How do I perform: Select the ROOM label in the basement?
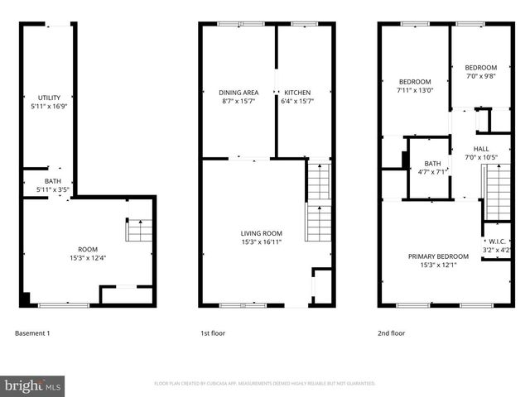click(x=88, y=248)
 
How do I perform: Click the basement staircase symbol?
click(x=139, y=230)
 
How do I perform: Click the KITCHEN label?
click(x=298, y=92)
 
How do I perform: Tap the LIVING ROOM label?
click(x=262, y=233)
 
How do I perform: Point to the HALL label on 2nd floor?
click(x=481, y=149)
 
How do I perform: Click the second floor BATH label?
click(x=431, y=164)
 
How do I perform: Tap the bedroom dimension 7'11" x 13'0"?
click(x=415, y=91)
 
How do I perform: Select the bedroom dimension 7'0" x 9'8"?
click(x=480, y=76)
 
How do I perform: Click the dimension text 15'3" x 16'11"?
click(x=262, y=242)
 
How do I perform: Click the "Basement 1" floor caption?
click(x=33, y=333)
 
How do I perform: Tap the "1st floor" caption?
click(x=212, y=333)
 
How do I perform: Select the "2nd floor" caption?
click(x=392, y=333)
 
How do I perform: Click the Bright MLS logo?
click(x=33, y=385)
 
